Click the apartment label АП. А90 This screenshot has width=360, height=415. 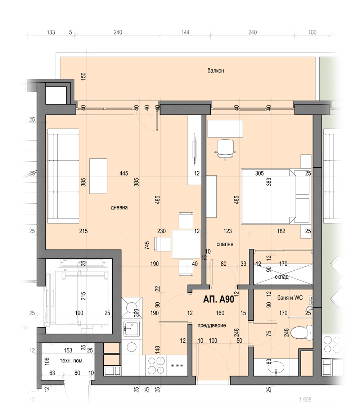coord(219,299)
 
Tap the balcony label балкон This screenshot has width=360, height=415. coord(216,71)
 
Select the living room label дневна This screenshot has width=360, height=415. coord(119,207)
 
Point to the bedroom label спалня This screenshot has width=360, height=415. coord(225,244)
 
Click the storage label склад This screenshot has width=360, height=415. coord(282,277)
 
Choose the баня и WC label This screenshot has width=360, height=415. coord(290,298)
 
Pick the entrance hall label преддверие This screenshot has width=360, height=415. coord(212,325)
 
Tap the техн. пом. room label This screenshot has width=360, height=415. coord(72,361)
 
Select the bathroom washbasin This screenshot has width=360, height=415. coord(276,367)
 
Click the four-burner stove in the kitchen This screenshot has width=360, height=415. coord(156,365)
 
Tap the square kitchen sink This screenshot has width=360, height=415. coord(132,329)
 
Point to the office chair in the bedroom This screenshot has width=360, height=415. coord(225,149)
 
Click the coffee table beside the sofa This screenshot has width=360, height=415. coord(98,176)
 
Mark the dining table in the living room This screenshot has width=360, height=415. coord(186,244)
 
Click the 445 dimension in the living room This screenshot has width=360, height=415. coord(123,173)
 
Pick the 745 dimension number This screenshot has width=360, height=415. coord(147,245)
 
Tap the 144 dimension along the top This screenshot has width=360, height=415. coord(185,32)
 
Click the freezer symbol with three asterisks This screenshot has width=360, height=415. coord(177,366)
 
